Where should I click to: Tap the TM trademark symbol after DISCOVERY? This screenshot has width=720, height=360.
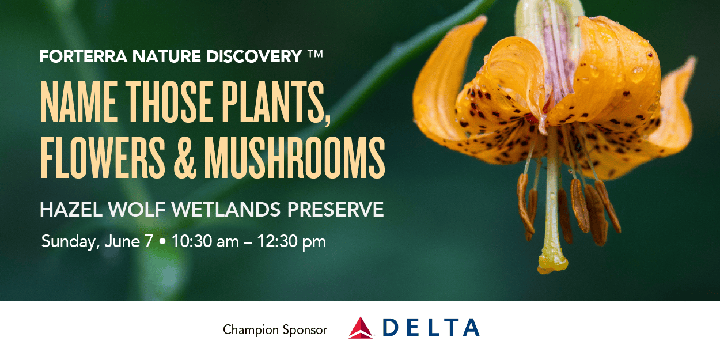point(314,56)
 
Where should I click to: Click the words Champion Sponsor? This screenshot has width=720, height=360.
point(275,330)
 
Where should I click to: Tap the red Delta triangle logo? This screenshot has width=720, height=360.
point(361,328)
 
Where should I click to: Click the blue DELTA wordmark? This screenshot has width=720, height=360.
point(430,328)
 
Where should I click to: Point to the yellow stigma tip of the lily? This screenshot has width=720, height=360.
point(552,263)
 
